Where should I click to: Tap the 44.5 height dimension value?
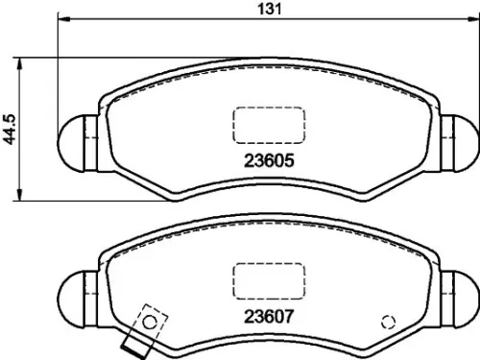tap(12, 128)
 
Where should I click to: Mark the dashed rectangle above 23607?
tap(270, 281)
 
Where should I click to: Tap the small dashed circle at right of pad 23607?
tap(389, 322)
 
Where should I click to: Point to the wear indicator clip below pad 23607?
tap(132, 342)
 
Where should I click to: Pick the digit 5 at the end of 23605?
tap(286, 162)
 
